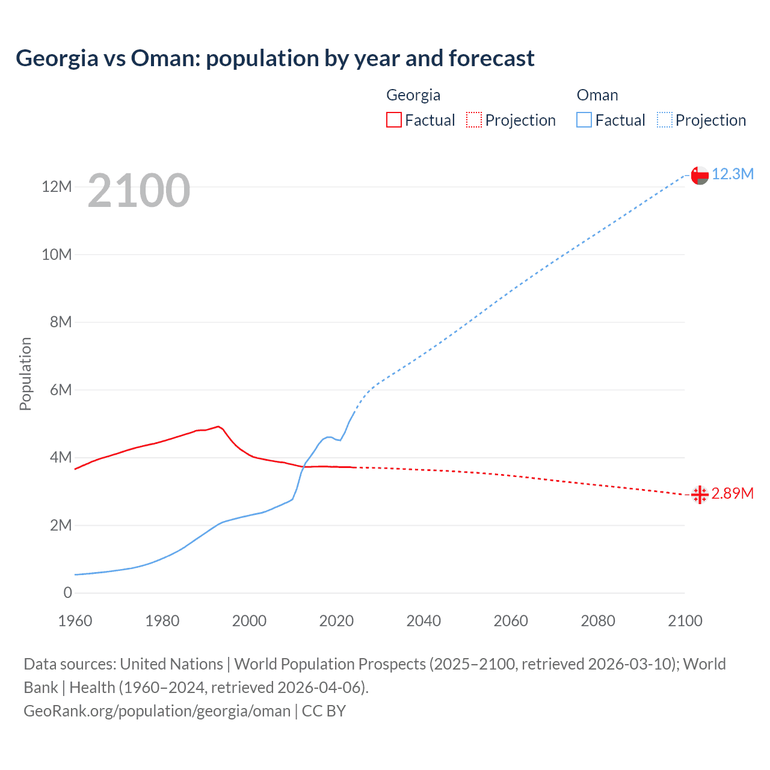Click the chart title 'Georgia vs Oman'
coord(275,58)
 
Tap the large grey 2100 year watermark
coord(139,191)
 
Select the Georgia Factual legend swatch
coord(393,120)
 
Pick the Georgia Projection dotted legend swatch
coord(474,120)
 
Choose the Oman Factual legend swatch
coord(584,120)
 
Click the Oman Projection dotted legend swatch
coord(665,120)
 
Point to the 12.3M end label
coord(732,174)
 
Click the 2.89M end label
coord(732,493)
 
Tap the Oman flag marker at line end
coord(700,175)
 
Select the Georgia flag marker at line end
coord(700,495)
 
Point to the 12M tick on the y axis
coord(57,186)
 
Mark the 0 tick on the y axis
coord(67,593)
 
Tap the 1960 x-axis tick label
coord(75,621)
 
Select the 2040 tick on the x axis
coord(423,621)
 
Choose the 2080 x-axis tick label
coord(598,621)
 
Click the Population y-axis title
coord(25,374)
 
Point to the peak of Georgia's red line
coord(218,426)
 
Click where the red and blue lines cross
coord(303,467)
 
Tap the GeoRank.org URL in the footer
coord(157,711)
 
